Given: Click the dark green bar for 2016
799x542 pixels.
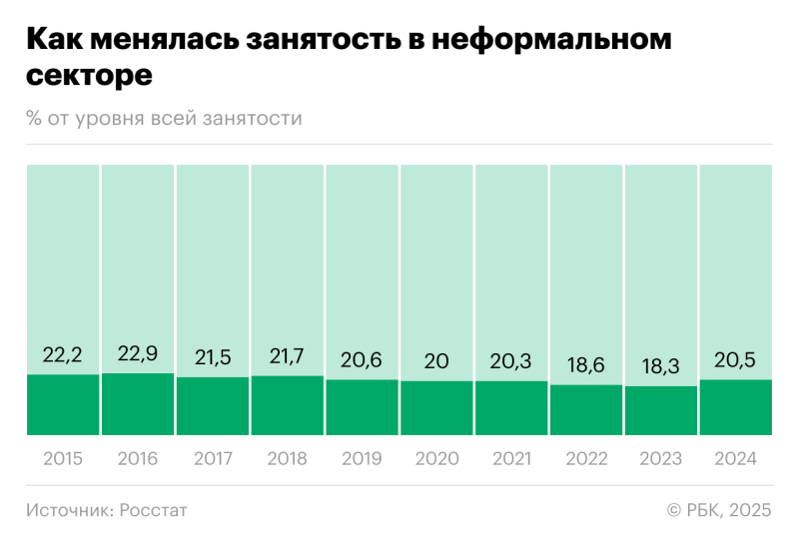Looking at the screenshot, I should [x=138, y=404].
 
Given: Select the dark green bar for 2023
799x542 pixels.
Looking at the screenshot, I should [x=661, y=410].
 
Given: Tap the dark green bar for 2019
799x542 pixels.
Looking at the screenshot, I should [x=362, y=407].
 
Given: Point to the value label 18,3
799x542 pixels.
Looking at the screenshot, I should [x=661, y=365].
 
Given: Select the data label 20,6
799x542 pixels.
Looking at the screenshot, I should [x=362, y=359].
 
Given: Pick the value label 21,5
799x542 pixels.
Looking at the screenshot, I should [x=213, y=356].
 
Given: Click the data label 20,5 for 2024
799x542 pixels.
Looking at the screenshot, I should [x=736, y=359].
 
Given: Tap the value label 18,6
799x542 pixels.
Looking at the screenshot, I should [x=586, y=364].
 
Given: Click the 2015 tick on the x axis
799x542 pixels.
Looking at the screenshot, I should [x=63, y=459].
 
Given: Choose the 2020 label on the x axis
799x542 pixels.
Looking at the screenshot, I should [x=436, y=459].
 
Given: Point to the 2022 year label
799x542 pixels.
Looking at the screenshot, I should [x=586, y=459].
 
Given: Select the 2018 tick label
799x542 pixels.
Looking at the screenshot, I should [x=288, y=459].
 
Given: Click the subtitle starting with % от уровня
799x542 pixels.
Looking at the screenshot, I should [x=165, y=119].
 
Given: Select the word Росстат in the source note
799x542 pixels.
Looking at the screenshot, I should [x=154, y=510].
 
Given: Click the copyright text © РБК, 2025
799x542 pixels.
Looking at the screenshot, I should [x=718, y=510].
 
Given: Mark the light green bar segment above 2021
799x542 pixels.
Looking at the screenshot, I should [x=511, y=260].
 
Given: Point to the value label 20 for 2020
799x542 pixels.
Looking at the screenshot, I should [x=436, y=360].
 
